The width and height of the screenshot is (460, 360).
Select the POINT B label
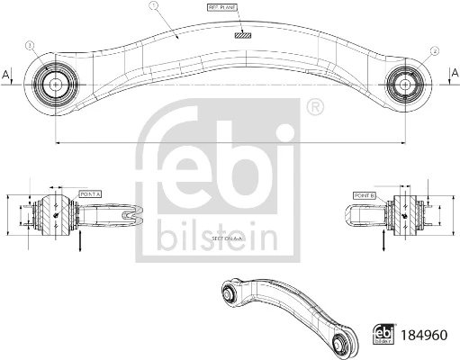click(365, 194)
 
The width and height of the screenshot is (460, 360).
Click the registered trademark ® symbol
click(314, 110)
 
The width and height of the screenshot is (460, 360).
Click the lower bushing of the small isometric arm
click(342, 343)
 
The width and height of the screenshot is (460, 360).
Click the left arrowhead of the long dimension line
click(57, 140)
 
